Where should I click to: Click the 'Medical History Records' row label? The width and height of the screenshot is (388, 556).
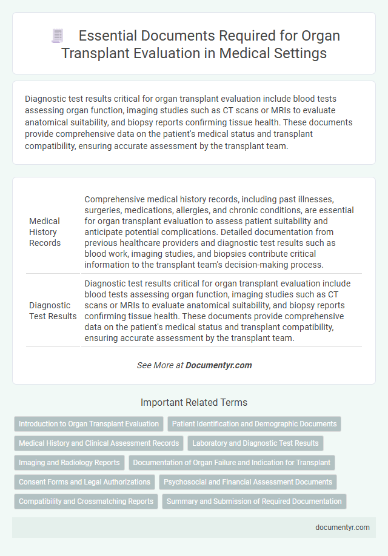click(45, 231)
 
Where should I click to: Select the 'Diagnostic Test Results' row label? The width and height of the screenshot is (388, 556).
click(53, 311)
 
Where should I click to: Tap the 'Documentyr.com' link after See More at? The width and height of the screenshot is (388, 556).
click(219, 365)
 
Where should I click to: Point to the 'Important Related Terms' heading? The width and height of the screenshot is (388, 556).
click(194, 402)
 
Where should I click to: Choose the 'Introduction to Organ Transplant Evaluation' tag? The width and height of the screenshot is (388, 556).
click(89, 424)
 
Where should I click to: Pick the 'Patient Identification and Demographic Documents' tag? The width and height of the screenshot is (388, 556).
click(254, 424)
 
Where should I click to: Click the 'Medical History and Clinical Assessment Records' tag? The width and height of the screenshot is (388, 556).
click(99, 443)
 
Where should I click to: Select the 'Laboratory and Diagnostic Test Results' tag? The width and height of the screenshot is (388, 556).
click(255, 443)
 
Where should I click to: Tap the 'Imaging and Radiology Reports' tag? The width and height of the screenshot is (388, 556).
click(69, 463)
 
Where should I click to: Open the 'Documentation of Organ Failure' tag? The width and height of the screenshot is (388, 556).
click(232, 463)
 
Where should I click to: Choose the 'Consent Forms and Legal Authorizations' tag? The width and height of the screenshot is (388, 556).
click(84, 482)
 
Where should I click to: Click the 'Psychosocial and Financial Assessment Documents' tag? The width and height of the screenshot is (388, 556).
click(248, 482)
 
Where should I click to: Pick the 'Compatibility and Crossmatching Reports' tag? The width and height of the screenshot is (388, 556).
click(85, 501)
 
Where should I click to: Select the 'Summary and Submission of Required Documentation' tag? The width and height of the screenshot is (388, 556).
click(254, 501)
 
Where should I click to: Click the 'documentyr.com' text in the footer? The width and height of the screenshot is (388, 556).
click(343, 527)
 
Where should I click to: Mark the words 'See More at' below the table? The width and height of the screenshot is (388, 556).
click(160, 365)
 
